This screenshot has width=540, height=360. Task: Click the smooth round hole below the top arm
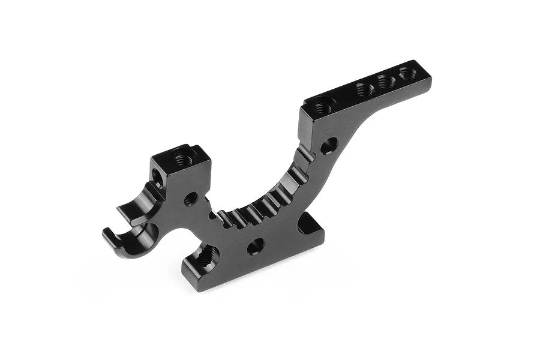click(328, 145)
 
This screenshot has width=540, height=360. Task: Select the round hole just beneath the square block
click(191, 197)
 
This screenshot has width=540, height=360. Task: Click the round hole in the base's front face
click(256, 245)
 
